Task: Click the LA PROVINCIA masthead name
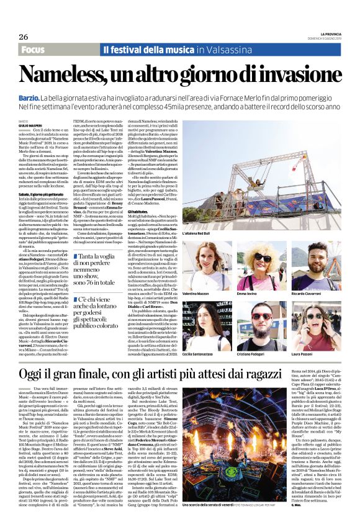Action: click(326, 33)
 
